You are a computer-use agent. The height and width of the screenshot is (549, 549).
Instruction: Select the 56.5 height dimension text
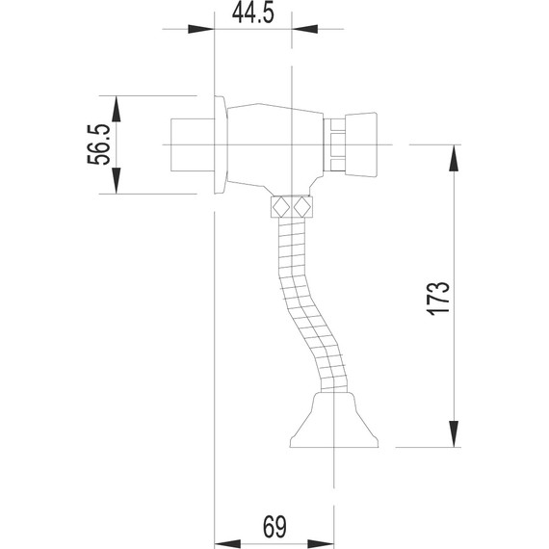coord(100,144)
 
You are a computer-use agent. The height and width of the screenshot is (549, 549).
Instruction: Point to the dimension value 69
coord(274,527)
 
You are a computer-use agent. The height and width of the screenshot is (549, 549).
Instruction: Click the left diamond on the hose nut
coord(281,207)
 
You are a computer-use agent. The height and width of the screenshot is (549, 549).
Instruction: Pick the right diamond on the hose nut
coord(304,207)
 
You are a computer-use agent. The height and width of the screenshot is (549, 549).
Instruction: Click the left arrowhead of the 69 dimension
coord(222,541)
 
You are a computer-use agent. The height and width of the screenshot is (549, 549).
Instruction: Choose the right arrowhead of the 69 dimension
coord(327,541)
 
